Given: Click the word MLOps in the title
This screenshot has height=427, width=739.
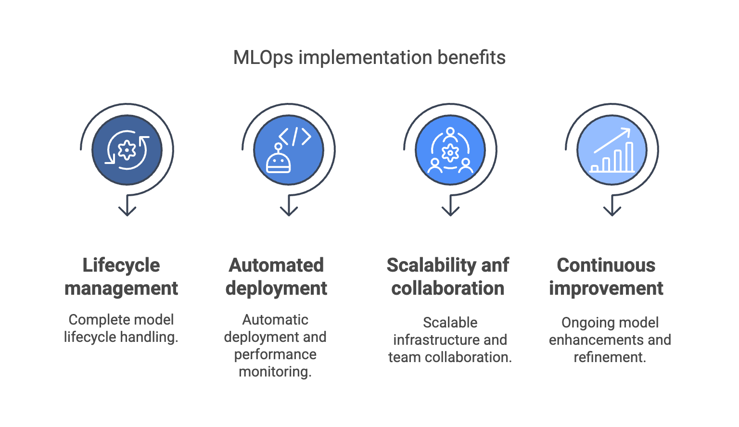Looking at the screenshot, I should tap(263, 58).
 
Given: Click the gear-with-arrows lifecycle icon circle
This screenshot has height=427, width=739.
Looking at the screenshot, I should tap(127, 150).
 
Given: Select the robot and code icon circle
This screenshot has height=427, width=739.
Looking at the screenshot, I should tap(289, 150).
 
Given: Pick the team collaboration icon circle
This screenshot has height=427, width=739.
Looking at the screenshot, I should tap(450, 150).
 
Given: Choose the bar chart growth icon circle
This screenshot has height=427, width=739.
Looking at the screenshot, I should tap(612, 150).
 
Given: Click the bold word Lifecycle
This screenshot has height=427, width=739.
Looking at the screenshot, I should tap(121, 265).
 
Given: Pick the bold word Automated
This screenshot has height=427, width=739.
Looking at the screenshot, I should tap(276, 265).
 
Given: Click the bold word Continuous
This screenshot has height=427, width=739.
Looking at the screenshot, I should tap(606, 265).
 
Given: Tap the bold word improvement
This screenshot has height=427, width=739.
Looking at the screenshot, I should tap(606, 289).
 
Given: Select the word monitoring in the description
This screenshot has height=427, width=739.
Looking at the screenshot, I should tap(275, 372).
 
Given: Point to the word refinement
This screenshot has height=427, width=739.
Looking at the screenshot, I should tap(610, 357).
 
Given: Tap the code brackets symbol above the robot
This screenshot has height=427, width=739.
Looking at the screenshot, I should tap(295, 137).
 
